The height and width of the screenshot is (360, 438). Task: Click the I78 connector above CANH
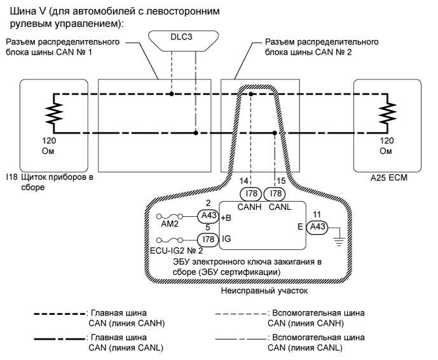point(250,193)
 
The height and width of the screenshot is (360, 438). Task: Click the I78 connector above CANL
point(275,193)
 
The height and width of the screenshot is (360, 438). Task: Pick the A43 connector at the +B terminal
point(208,216)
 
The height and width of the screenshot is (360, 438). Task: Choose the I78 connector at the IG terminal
point(208,239)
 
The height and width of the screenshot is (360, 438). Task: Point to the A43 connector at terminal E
point(315,226)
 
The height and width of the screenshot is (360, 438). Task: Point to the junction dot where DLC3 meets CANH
point(173,94)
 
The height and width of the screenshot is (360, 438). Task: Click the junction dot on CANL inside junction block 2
point(275,133)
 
